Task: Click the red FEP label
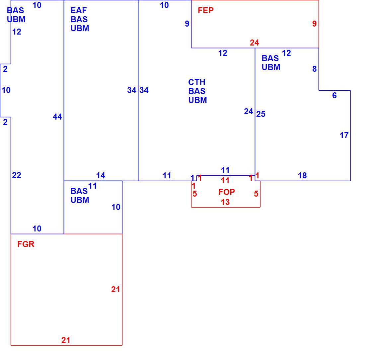click(x=205, y=11)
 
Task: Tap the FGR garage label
click(x=26, y=244)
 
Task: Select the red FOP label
click(x=227, y=192)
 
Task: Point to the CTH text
click(x=197, y=82)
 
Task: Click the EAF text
click(x=79, y=11)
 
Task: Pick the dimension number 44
click(x=57, y=117)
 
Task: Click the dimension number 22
click(x=17, y=175)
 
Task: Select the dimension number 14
click(x=101, y=176)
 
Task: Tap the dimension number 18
click(x=302, y=176)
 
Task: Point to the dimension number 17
click(x=344, y=135)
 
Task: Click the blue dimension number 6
click(x=334, y=95)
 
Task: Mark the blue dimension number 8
click(x=315, y=69)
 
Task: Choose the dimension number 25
click(x=261, y=114)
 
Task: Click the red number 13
click(x=225, y=202)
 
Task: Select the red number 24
click(x=255, y=43)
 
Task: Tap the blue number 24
click(x=249, y=112)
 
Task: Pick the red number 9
click(x=315, y=24)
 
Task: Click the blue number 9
click(x=187, y=24)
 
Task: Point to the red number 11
click(x=225, y=181)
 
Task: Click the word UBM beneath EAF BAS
click(x=80, y=29)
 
